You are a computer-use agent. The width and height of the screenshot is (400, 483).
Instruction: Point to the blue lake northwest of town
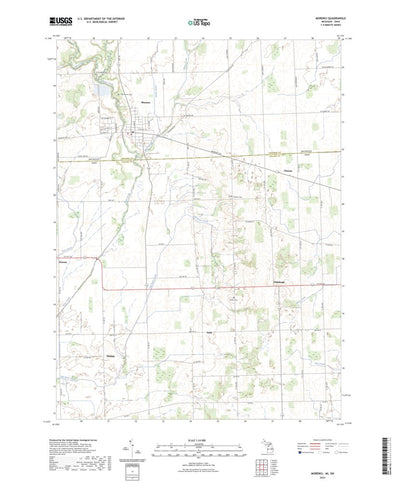(103, 91)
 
